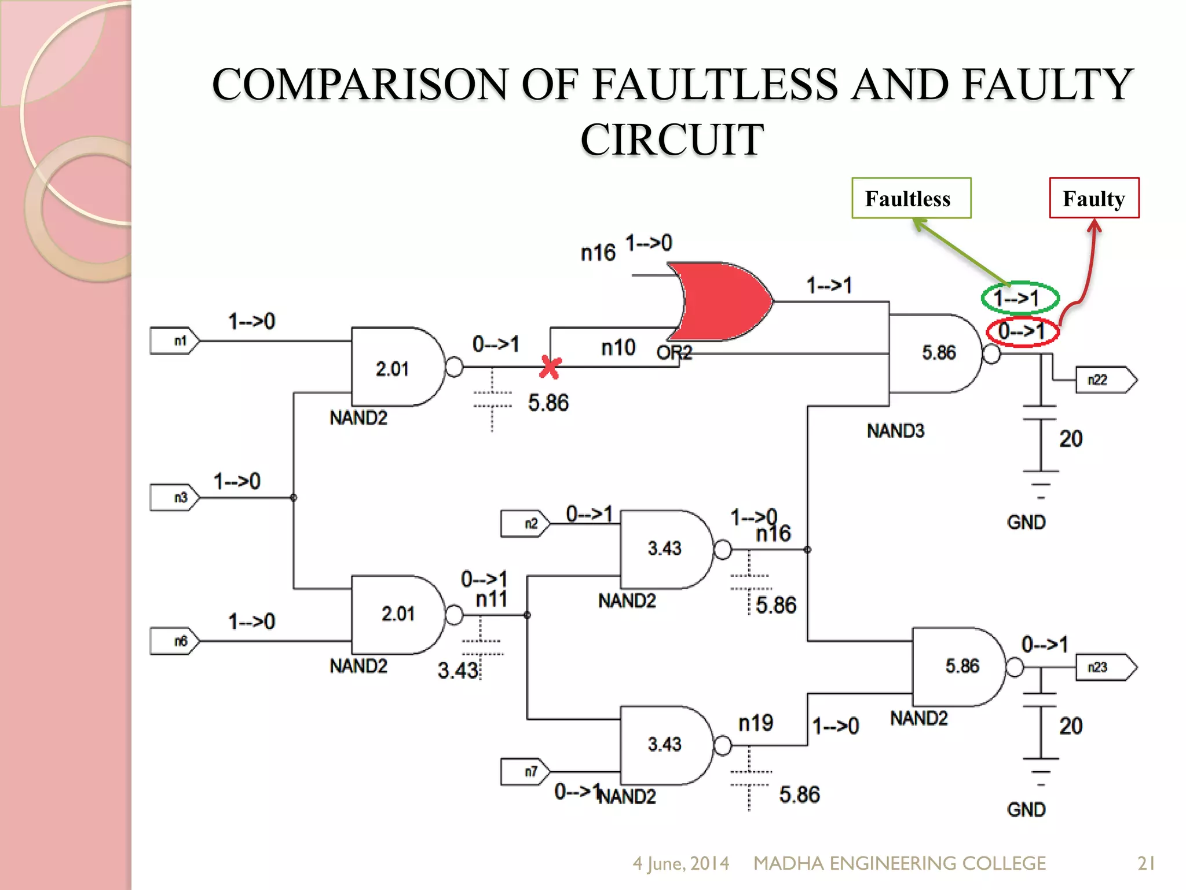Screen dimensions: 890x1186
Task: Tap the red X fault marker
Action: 550,367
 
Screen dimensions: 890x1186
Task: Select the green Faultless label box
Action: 911,198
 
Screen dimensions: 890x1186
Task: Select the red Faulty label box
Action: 1094,198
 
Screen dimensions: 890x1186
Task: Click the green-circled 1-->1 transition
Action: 1019,298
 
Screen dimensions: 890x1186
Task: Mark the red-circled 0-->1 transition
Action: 1023,331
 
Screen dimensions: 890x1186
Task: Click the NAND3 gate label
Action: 895,431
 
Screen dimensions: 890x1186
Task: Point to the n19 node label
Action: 756,723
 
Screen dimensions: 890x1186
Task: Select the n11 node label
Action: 492,600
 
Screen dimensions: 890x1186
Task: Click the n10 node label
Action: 618,348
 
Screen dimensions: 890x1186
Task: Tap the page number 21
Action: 1146,863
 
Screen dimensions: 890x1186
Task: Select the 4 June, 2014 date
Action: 680,863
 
